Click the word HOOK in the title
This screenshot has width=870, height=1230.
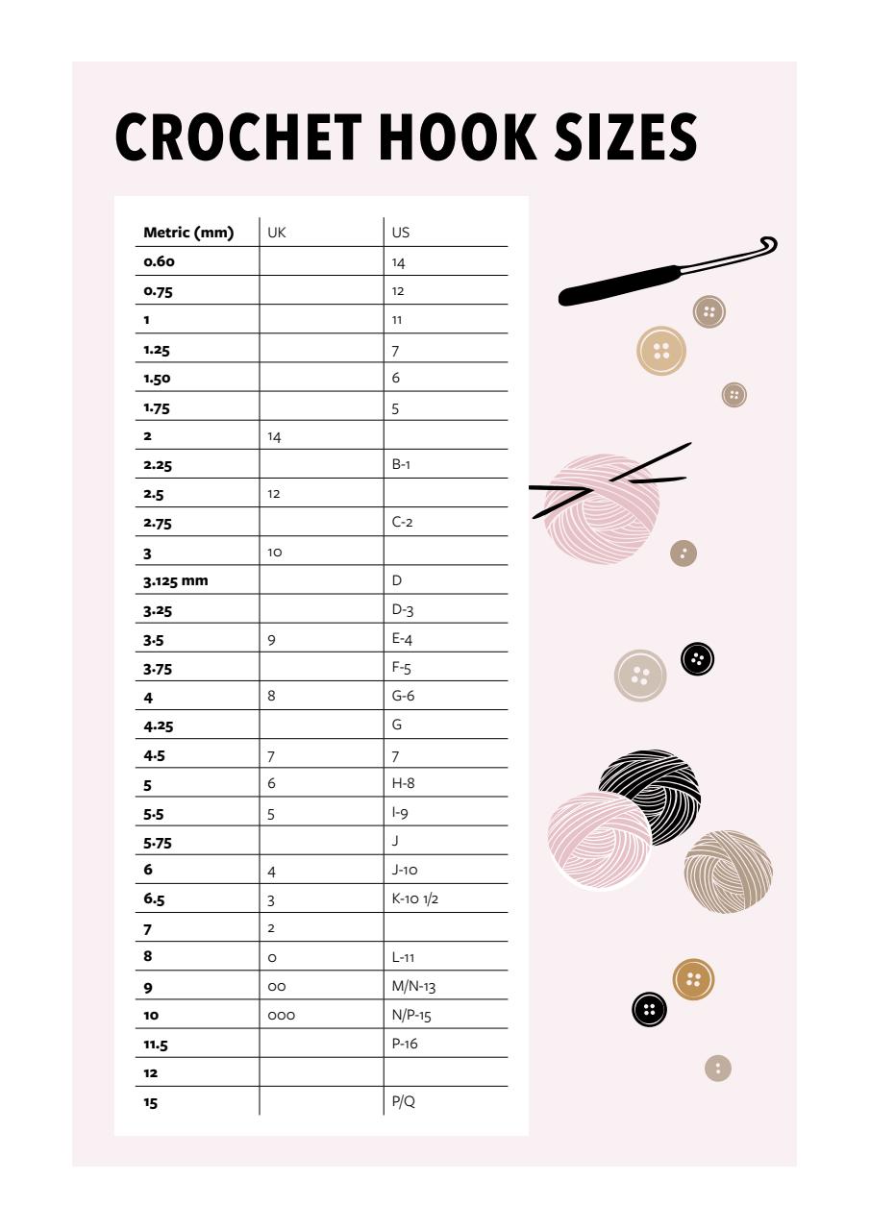coord(458,136)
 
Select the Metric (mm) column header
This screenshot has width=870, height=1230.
coord(188,233)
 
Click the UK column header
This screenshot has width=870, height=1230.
coord(277,233)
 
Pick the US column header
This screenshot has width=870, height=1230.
coord(401,233)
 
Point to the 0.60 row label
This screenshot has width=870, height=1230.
coord(160,261)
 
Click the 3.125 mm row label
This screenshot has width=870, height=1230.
coord(176,580)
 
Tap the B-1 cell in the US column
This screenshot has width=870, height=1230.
coord(403,465)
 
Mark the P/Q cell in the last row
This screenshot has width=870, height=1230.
coord(404,1101)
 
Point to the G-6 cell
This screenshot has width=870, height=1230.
coord(404,696)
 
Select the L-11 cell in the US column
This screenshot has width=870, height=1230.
coord(404,957)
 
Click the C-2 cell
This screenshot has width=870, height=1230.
coord(404,523)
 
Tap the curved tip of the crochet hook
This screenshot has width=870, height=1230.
coord(767,244)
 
